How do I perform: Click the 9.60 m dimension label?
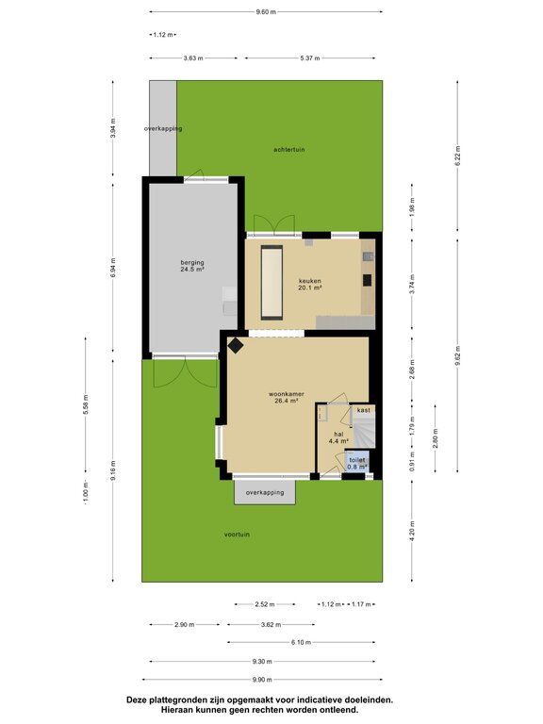[x=266, y=12]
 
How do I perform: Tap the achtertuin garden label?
[x=289, y=150]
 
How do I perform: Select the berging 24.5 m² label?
[x=192, y=266]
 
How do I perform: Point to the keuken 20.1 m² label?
[x=310, y=284]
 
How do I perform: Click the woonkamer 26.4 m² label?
[x=287, y=398]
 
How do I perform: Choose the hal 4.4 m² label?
[x=338, y=437]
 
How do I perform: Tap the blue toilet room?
[x=358, y=462]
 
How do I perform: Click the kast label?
[x=363, y=410]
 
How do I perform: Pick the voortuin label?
[x=237, y=535]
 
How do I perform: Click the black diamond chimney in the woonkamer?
[x=236, y=345]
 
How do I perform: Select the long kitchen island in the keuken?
[x=271, y=283]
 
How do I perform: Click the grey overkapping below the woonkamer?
[x=265, y=492]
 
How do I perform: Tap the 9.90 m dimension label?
[x=262, y=679]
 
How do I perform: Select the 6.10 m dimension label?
[x=301, y=642]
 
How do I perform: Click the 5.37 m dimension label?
[x=310, y=58]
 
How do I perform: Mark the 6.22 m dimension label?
[x=457, y=156]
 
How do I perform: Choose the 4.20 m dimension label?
[x=412, y=531]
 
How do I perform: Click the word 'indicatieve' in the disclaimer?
[x=311, y=700]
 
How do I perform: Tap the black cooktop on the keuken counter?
[x=368, y=280]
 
